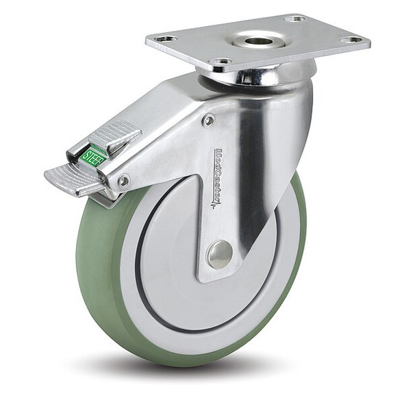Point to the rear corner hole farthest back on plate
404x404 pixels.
tap(295, 18)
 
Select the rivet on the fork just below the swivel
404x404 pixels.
tap(208, 121)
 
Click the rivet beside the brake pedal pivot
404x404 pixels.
tap(123, 181)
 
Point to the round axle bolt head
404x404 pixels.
tap(220, 254)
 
